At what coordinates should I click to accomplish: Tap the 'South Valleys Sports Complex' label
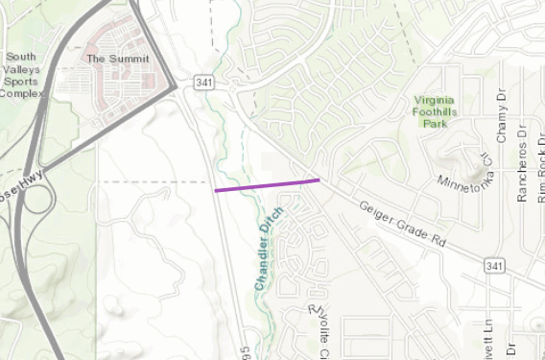pyautogui.click(x=20, y=76)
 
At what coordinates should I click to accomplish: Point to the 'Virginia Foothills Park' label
pyautogui.click(x=442, y=111)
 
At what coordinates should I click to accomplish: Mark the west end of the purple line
pyautogui.click(x=216, y=191)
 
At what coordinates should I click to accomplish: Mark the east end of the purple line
pyautogui.click(x=320, y=179)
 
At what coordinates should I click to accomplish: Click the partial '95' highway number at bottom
pyautogui.click(x=247, y=352)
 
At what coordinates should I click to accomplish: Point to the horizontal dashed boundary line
pyautogui.click(x=153, y=180)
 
